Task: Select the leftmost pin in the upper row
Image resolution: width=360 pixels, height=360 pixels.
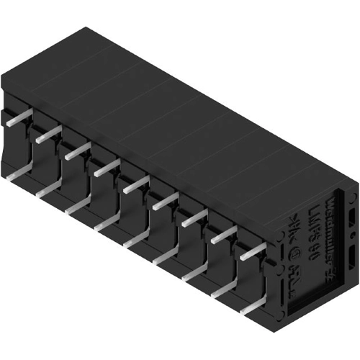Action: point(18,118)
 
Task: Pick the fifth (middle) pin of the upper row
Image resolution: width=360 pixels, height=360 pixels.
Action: point(136,185)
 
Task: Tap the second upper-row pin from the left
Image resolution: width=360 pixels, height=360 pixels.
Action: point(48,135)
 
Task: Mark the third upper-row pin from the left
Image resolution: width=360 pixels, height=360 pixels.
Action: point(77,151)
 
